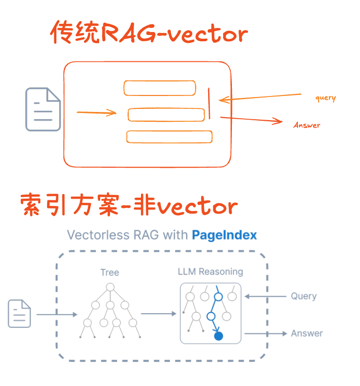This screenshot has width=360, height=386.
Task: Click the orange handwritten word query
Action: click(x=325, y=98)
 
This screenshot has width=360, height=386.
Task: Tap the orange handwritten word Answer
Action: click(x=307, y=125)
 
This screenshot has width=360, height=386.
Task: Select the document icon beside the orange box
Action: click(x=43, y=109)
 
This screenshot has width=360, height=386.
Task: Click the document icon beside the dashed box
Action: click(x=19, y=314)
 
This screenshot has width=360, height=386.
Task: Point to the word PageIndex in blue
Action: click(x=224, y=235)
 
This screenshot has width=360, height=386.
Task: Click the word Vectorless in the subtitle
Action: click(x=97, y=235)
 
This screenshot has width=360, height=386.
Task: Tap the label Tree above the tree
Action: click(x=109, y=272)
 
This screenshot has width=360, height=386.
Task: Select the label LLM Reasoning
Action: click(x=210, y=272)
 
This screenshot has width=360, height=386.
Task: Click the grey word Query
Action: click(x=303, y=296)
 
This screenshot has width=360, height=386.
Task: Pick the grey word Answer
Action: click(x=307, y=333)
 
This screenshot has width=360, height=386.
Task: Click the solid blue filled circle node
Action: click(x=218, y=336)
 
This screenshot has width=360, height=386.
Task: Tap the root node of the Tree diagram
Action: click(x=110, y=287)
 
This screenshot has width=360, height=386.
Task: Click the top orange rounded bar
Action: click(x=160, y=88)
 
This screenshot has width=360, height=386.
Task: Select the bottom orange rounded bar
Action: click(x=169, y=137)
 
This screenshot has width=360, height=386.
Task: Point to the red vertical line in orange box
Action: click(x=210, y=103)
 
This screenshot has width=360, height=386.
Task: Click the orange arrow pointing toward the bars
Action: click(x=97, y=112)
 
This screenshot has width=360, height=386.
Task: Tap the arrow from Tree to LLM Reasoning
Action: click(x=159, y=313)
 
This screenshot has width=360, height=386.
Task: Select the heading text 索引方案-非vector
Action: click(x=129, y=206)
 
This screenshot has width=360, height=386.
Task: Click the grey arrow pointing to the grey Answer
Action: click(x=265, y=333)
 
